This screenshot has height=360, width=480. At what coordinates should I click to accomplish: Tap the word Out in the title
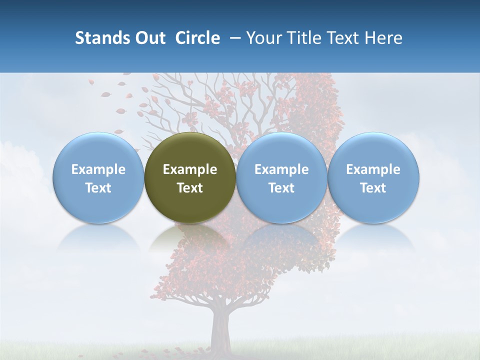click(x=149, y=38)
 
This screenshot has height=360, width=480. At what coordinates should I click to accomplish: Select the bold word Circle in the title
click(x=197, y=38)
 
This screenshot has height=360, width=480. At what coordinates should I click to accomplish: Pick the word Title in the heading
click(x=302, y=38)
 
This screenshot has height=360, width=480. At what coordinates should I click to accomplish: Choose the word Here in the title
click(x=383, y=38)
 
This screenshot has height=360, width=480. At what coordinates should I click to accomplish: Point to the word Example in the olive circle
click(x=190, y=169)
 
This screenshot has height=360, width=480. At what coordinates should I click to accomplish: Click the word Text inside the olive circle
click(x=190, y=188)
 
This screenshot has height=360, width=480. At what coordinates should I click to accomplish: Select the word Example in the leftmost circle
click(x=98, y=169)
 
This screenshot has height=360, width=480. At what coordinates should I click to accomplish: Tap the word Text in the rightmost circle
click(x=373, y=188)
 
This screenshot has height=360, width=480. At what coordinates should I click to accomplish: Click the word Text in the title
click(x=342, y=38)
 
